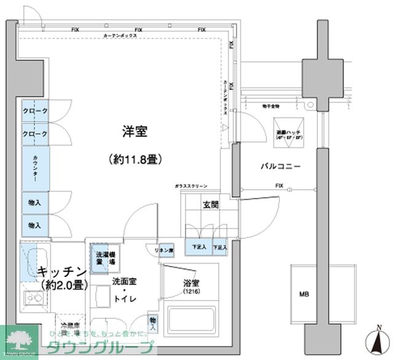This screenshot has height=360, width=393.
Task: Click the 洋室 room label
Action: tap(137, 131)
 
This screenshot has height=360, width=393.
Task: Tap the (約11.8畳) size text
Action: tap(136, 160)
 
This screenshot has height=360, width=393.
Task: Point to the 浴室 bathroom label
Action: tap(192, 283)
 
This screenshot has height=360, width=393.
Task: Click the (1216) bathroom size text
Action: tap(192, 291)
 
